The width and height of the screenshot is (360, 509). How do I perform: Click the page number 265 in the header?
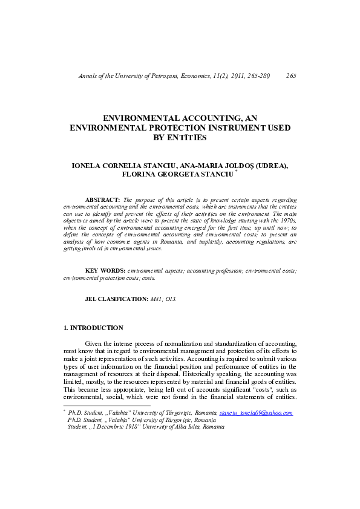click(290, 76)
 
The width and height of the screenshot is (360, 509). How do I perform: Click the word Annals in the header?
click(89, 76)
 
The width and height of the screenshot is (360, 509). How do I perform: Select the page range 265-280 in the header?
click(255, 76)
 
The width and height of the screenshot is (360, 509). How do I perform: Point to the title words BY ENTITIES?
click(180, 138)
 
